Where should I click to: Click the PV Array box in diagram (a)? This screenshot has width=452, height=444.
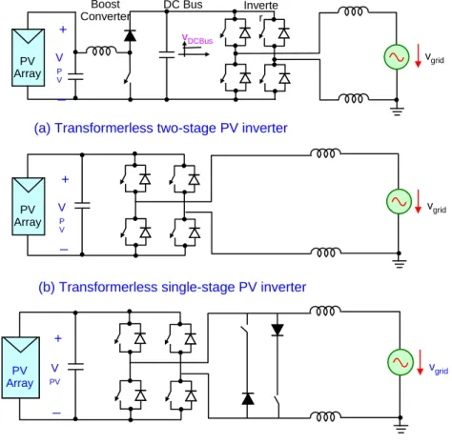(x=28, y=57)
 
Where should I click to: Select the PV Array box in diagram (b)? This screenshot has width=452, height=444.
(x=29, y=207)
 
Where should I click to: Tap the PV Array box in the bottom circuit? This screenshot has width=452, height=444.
(x=21, y=368)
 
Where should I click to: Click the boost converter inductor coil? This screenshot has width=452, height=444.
(x=101, y=50)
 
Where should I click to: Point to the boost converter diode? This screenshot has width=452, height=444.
(x=130, y=35)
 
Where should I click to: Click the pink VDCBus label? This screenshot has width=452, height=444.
(x=197, y=39)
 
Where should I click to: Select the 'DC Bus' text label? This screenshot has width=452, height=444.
(x=183, y=5)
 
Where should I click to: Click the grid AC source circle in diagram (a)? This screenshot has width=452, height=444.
(x=397, y=57)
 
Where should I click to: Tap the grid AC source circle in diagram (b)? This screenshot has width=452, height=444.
(x=399, y=201)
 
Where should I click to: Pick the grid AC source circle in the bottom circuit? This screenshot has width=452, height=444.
(x=400, y=362)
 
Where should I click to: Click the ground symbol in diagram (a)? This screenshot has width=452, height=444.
(x=397, y=110)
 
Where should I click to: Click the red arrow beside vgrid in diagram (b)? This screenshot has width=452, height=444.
(x=418, y=201)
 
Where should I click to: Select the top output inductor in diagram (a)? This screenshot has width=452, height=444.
(x=353, y=11)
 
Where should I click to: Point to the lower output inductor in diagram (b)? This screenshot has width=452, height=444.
(x=326, y=252)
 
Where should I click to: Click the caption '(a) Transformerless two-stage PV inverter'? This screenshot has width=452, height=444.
(x=160, y=128)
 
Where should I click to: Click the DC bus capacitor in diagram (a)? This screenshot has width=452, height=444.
(x=167, y=54)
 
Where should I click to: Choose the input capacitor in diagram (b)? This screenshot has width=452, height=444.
(x=82, y=206)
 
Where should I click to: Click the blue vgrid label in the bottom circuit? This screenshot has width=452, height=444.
(x=439, y=369)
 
